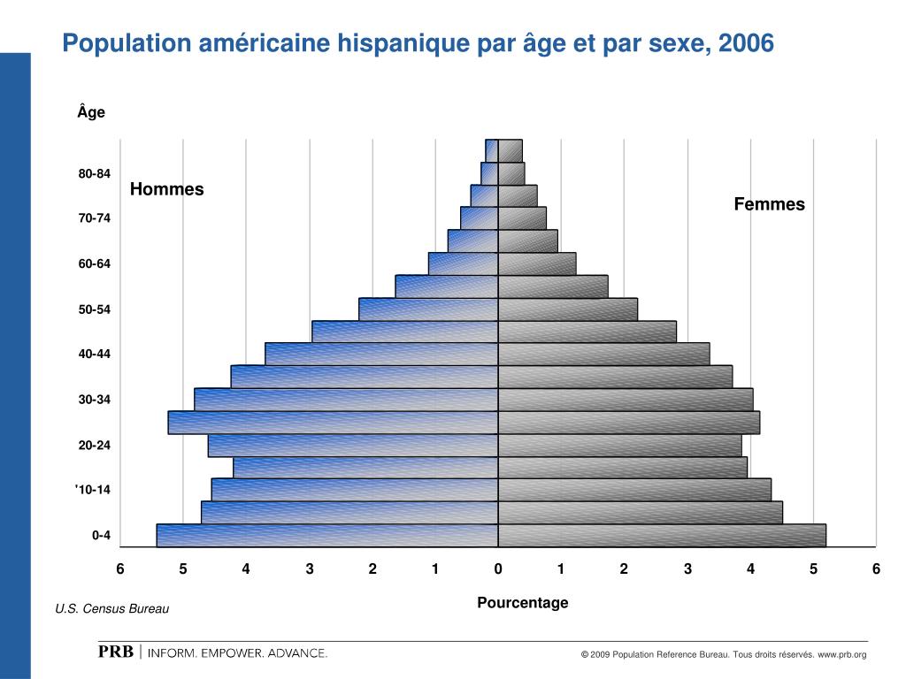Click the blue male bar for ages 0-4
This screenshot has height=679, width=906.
pyautogui.click(x=327, y=536)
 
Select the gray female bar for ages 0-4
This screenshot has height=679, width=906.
pyautogui.click(x=662, y=536)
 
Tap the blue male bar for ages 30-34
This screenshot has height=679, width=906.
pyautogui.click(x=346, y=400)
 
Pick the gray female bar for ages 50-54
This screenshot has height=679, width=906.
pyautogui.click(x=567, y=309)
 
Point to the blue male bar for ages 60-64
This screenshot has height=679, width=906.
pyautogui.click(x=463, y=263)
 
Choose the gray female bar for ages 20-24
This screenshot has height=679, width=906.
pyautogui.click(x=619, y=445)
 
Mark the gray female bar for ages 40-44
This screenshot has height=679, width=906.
pyautogui.click(x=603, y=354)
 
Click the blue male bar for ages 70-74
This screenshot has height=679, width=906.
pyautogui.click(x=479, y=217)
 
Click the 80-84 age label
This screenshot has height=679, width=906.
pyautogui.click(x=94, y=173)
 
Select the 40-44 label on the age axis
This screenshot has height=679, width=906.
pyautogui.click(x=94, y=354)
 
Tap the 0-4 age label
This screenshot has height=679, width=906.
pyautogui.click(x=101, y=535)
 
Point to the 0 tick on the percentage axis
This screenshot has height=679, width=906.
pyautogui.click(x=498, y=568)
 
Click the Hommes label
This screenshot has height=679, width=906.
pyautogui.click(x=166, y=189)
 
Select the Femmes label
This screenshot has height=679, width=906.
pyautogui.click(x=769, y=204)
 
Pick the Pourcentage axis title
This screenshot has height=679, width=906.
pyautogui.click(x=522, y=603)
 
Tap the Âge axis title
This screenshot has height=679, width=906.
pyautogui.click(x=91, y=112)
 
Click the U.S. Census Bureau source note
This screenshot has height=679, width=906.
pyautogui.click(x=111, y=609)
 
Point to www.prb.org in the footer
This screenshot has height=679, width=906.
pyautogui.click(x=841, y=654)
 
